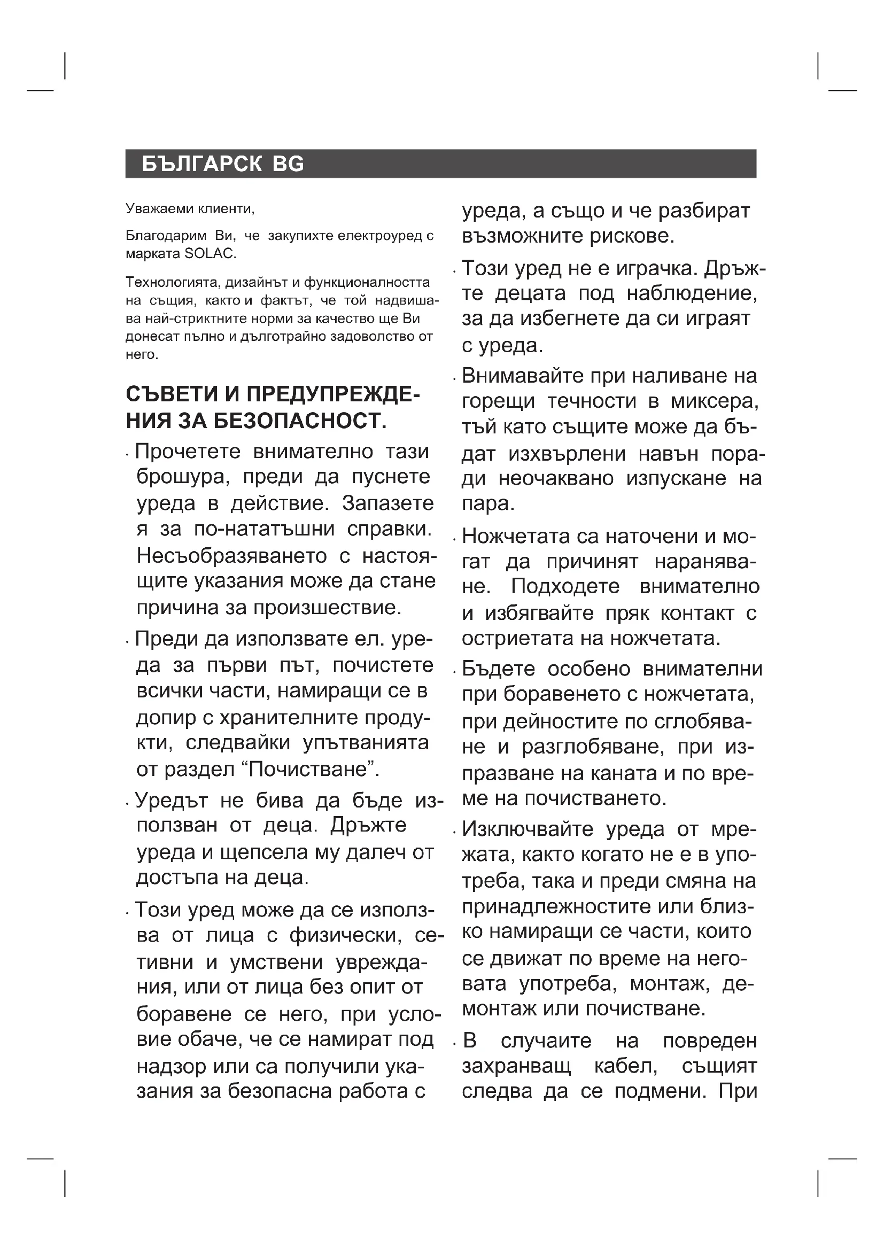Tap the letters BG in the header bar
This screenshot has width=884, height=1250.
coord(288,164)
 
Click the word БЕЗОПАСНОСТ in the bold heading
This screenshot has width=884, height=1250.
coord(299,421)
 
